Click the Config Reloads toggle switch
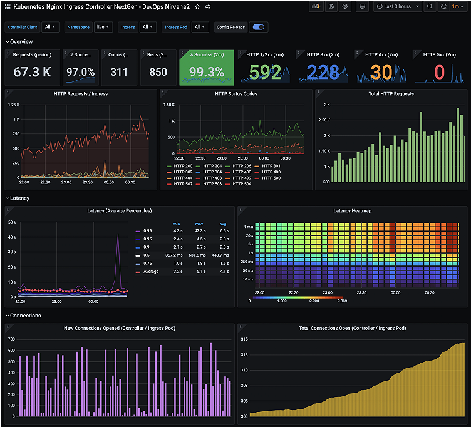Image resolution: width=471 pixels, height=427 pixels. pyautogui.click(x=257, y=27)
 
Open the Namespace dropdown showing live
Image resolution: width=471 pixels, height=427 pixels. pyautogui.click(x=103, y=27)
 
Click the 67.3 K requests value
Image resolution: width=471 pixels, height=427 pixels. pyautogui.click(x=33, y=72)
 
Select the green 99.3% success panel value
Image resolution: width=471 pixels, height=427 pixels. pyautogui.click(x=207, y=73)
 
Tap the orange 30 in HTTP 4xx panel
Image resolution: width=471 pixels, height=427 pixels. pyautogui.click(x=381, y=73)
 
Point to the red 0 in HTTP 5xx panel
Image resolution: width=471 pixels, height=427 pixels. pyautogui.click(x=439, y=73)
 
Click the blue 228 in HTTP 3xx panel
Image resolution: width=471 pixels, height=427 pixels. pyautogui.click(x=323, y=73)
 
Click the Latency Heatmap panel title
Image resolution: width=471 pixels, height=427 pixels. pyautogui.click(x=352, y=211)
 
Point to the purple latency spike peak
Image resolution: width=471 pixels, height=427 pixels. pyautogui.click(x=118, y=234)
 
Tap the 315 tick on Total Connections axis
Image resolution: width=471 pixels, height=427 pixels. pyautogui.click(x=244, y=339)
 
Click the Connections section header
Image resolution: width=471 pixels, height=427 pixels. pyautogui.click(x=25, y=316)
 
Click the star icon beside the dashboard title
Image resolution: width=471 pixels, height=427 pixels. pyautogui.click(x=197, y=6)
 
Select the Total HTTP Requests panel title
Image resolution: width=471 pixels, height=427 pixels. pyautogui.click(x=391, y=94)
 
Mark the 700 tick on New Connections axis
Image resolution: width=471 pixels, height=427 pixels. pyautogui.click(x=11, y=339)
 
